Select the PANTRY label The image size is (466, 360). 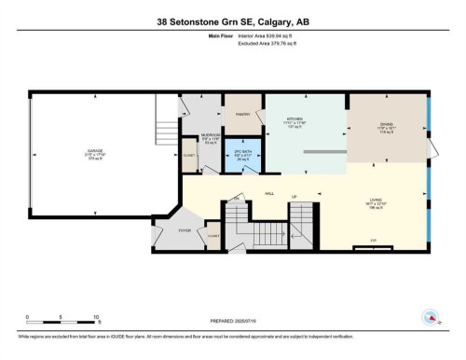click(x=241, y=115)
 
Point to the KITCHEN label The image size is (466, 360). click(x=295, y=120)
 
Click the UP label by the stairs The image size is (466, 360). click(x=294, y=197)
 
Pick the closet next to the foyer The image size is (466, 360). click(x=213, y=237)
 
